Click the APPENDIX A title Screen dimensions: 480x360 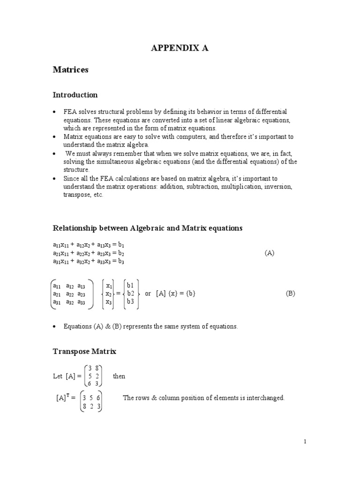click(x=180, y=47)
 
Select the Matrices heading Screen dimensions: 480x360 click(x=70, y=70)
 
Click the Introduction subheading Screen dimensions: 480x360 click(x=75, y=95)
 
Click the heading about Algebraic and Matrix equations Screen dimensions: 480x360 click(x=147, y=228)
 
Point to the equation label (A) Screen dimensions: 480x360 click(x=269, y=253)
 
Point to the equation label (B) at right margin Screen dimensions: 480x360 click(x=291, y=293)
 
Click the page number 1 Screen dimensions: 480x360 click(x=305, y=441)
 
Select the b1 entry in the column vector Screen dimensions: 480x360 click(x=130, y=285)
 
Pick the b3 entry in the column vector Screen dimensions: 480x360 click(x=130, y=302)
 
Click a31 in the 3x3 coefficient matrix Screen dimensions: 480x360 click(x=57, y=302)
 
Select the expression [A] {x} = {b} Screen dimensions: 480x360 click(x=175, y=293)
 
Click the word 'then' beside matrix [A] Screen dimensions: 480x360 click(x=119, y=376)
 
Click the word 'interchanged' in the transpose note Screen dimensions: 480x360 click(x=267, y=398)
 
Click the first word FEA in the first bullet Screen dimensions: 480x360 click(x=70, y=111)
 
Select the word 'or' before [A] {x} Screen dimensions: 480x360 click(x=148, y=293)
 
